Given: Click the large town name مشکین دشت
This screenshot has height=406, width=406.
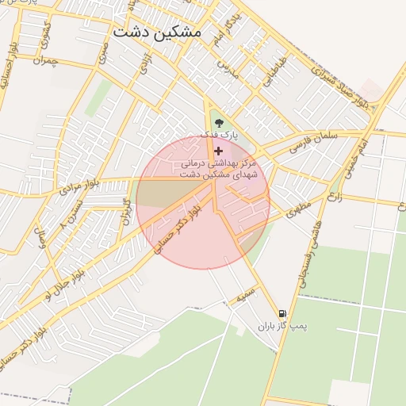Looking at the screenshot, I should click(x=157, y=33).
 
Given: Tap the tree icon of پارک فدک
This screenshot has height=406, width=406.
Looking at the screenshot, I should click(x=219, y=122).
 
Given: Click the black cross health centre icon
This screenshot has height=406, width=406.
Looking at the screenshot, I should click(x=219, y=151).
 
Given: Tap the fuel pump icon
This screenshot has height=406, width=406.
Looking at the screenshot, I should click(x=282, y=314).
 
